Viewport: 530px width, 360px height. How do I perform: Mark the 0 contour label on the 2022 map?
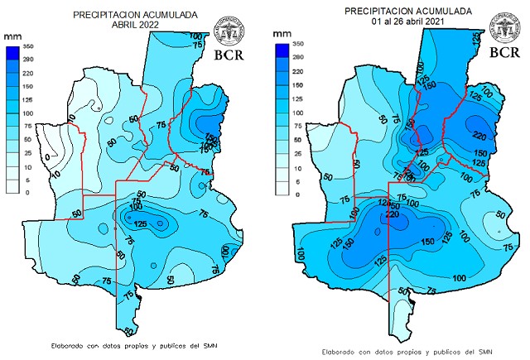[48, 156]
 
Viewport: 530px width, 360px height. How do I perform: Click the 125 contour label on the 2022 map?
[141, 223]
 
